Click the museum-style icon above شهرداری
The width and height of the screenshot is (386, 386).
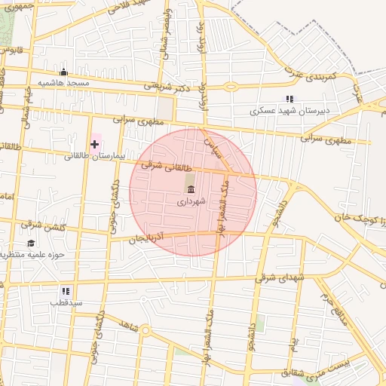pyautogui.click(x=190, y=188)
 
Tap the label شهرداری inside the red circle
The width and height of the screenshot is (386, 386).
pyautogui.click(x=190, y=202)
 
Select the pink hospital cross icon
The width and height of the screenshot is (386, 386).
pyautogui.click(x=94, y=143)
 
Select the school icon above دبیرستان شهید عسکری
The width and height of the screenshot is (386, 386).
pyautogui.click(x=289, y=99)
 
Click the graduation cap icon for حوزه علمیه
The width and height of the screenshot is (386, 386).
pyautogui.click(x=31, y=243)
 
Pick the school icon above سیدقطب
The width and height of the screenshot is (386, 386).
pyautogui.click(x=66, y=290)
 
